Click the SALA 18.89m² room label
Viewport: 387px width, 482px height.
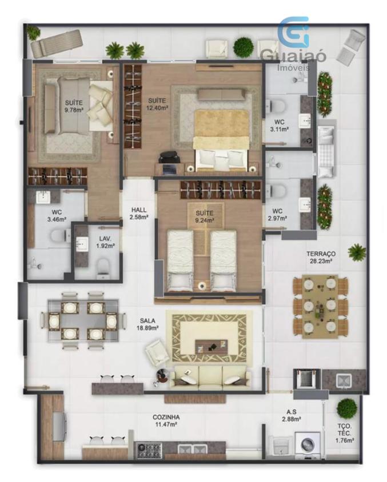147,324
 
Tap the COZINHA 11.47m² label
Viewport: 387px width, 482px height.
166,421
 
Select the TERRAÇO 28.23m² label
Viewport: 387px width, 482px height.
321,258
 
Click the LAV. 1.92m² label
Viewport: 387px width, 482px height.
105,242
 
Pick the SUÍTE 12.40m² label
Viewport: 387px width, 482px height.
157,104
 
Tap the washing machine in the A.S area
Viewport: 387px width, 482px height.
308,444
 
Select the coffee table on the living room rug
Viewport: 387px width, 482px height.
212,347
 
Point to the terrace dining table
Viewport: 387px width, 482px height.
320,307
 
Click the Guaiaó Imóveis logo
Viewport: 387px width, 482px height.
293,43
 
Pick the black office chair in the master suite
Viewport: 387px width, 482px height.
168,158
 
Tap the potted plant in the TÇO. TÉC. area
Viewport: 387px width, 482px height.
347,408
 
